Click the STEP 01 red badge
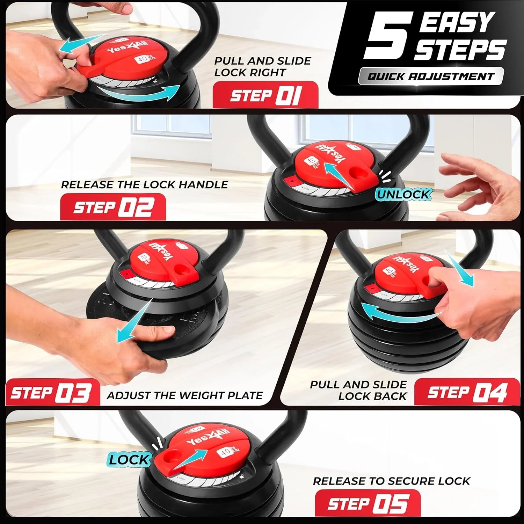(x=265, y=95)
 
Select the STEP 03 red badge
(x=52, y=393)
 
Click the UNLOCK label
(x=403, y=195)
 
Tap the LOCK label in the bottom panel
(x=129, y=460)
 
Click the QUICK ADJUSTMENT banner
(x=431, y=76)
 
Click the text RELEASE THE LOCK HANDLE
(x=144, y=184)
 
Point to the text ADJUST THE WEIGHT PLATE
(x=185, y=395)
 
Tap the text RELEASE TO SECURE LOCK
(x=391, y=481)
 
